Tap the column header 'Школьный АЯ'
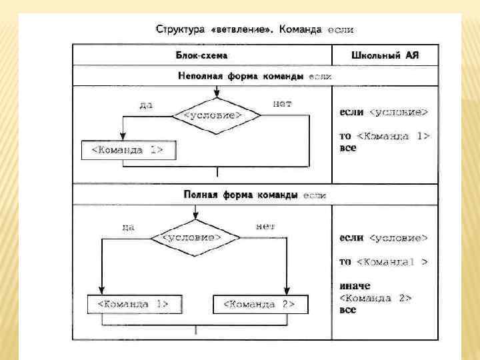click(x=384, y=55)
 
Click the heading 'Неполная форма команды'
click(x=239, y=77)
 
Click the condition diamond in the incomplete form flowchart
click(x=207, y=115)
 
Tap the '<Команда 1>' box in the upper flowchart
click(x=129, y=149)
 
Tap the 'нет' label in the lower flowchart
click(x=265, y=226)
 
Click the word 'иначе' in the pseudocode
click(x=354, y=286)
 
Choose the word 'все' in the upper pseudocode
click(x=348, y=147)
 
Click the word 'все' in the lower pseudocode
click(x=348, y=310)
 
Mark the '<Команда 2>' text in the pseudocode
click(x=375, y=297)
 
